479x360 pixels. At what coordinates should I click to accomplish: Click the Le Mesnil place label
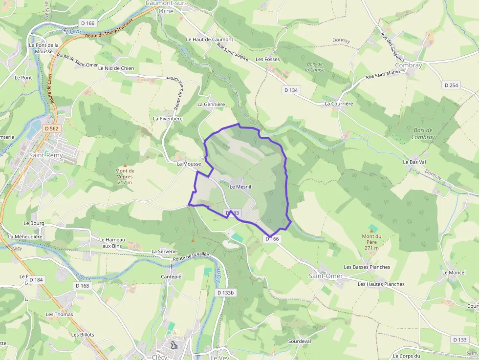tap(240, 187)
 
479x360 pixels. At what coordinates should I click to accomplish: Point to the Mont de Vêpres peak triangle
tap(125, 166)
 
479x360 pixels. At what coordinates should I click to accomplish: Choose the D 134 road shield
tap(291, 90)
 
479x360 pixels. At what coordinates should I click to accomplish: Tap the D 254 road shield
tap(451, 85)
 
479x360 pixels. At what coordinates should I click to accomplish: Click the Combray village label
tap(408, 65)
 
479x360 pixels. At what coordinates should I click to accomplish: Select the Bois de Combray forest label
tap(423, 134)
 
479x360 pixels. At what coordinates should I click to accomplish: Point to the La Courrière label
tap(339, 104)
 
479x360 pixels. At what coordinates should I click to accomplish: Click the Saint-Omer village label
tap(326, 276)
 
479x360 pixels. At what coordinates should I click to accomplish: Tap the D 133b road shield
tap(226, 293)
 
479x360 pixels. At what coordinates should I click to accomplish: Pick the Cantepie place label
tap(171, 276)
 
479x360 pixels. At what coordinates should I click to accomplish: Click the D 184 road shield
tap(36, 280)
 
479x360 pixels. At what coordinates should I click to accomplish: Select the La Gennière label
tap(211, 104)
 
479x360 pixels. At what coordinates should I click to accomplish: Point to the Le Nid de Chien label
tap(116, 68)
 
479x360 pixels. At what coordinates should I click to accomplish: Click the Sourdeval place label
tap(300, 341)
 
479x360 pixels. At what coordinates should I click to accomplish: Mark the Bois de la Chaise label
tap(315, 67)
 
